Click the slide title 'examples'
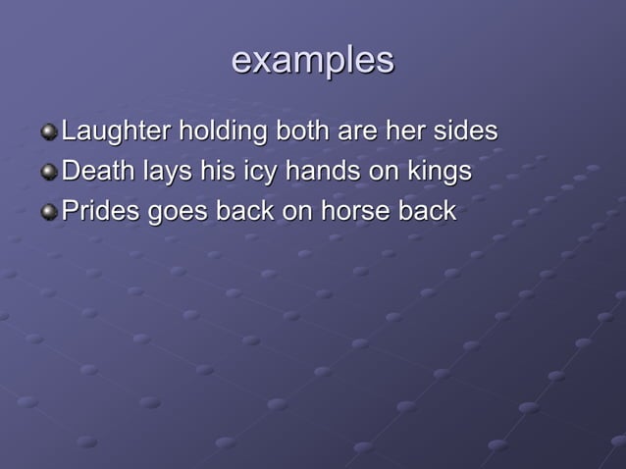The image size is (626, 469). (312, 61)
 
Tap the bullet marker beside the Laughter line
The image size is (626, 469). (49, 131)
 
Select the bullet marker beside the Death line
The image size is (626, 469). (49, 172)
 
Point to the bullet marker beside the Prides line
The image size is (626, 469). (49, 212)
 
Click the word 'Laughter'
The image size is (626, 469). (116, 130)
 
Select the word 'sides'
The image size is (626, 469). (465, 130)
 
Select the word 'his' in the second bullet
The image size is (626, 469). (214, 171)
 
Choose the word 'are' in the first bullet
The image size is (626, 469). (362, 131)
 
